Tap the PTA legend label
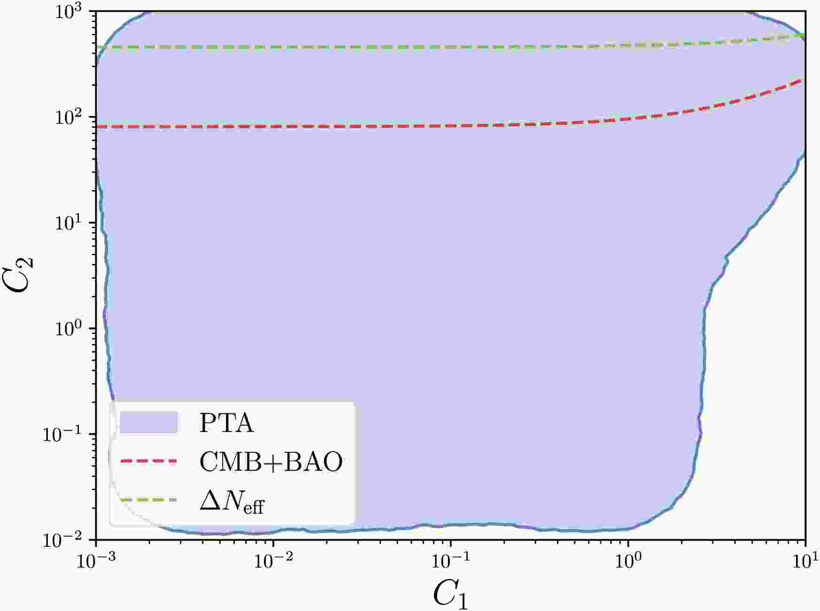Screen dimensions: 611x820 point(226,423)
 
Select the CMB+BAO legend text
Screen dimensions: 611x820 point(271,462)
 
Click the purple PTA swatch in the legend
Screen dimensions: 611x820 point(148,422)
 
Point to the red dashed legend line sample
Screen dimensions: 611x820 point(148,462)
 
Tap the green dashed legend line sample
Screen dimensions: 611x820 point(148,500)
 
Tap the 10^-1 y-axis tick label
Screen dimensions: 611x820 point(66,434)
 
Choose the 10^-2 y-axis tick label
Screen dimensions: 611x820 point(66,540)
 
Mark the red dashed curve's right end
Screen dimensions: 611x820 point(805,80)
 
